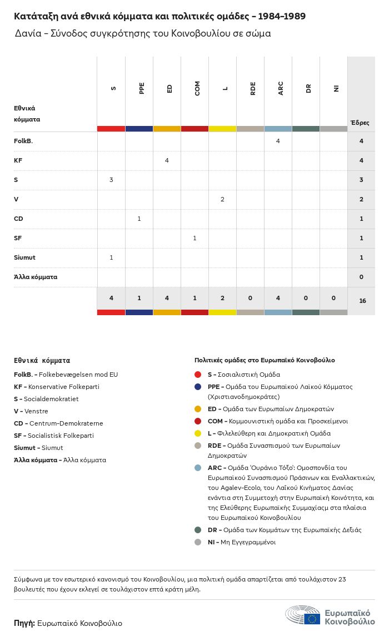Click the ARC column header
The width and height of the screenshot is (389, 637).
point(280,88)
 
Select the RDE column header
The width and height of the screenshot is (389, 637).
point(253,88)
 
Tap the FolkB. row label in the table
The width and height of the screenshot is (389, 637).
point(23,141)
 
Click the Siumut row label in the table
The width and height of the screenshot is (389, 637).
point(24,257)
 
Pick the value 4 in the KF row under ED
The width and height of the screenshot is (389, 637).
point(167,160)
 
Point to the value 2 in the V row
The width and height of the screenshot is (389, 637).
point(223,199)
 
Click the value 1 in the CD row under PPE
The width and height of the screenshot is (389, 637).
point(139,219)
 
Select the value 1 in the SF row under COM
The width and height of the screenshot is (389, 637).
point(194,238)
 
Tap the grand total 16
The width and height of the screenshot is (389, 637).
point(362,301)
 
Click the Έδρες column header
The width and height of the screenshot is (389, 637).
point(360,122)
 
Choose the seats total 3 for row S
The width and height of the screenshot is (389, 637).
point(361,180)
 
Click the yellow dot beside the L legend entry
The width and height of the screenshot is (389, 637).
point(198,433)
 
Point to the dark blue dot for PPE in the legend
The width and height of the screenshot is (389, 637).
point(198,387)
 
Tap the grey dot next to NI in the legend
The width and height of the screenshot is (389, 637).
point(198,542)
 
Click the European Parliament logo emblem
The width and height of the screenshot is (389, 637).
point(303,615)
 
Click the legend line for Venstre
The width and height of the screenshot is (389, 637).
point(31,411)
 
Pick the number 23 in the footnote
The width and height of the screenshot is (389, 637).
point(342,579)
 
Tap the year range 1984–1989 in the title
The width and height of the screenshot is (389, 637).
point(282,16)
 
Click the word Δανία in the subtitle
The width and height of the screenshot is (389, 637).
point(28,33)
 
